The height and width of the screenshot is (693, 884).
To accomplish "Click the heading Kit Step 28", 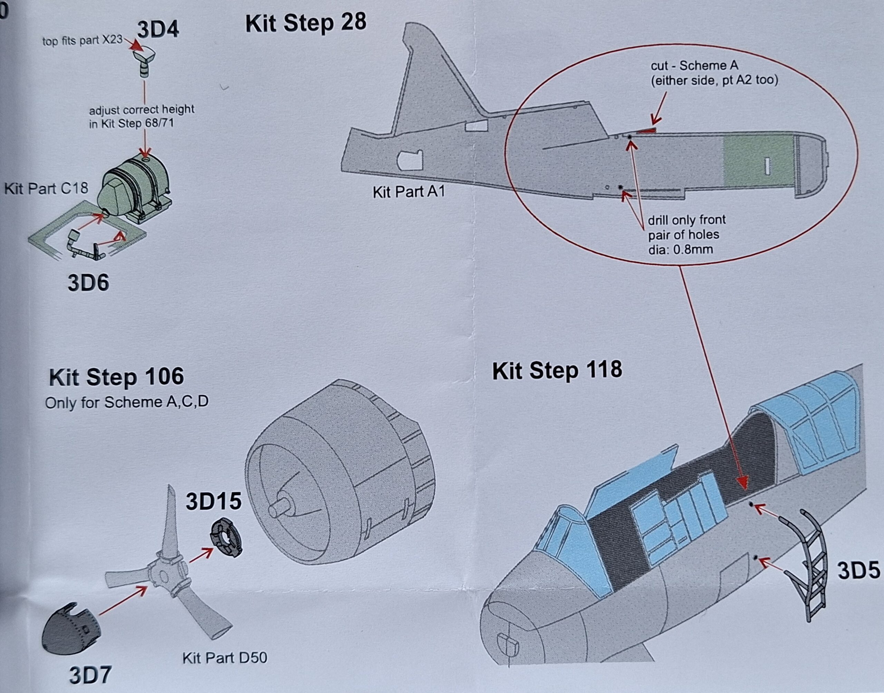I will coord(305,23).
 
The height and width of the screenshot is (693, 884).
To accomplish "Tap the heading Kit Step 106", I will coord(116,377).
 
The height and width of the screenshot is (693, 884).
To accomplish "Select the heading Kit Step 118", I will coord(557,370).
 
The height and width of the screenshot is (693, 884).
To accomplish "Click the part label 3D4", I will coord(158,30).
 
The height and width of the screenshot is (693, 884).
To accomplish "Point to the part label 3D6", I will coord(88,283).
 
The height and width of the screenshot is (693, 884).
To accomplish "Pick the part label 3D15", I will coord(213,502).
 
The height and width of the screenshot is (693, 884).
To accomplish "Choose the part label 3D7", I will coord(90,675).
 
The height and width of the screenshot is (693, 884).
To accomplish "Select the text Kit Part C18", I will coord(46,188).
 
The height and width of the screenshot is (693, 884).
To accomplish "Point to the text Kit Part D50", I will coord(225,658).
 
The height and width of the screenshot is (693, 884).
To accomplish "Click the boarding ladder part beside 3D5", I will coord(805,564).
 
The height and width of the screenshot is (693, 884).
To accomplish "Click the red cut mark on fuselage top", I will coord(646,131).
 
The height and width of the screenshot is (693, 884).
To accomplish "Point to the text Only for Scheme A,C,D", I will coord(126,402).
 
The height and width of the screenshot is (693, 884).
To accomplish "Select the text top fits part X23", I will coord(82,41).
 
